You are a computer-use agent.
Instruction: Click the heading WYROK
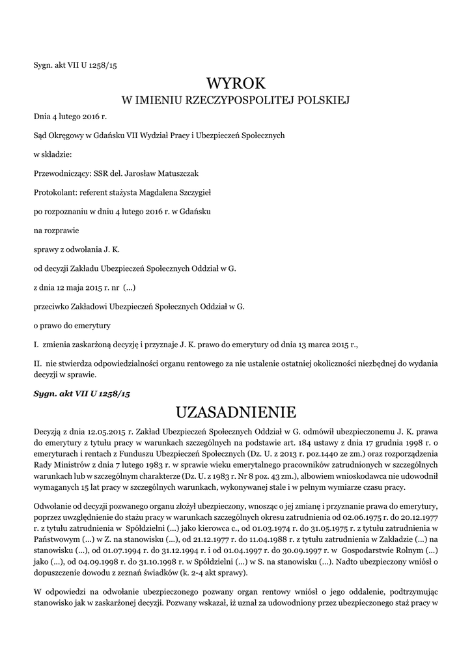pyautogui.click(x=236, y=83)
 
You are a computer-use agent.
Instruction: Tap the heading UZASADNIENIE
pyautogui.click(x=236, y=412)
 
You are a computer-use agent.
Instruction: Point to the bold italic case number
pyautogui.click(x=82, y=395)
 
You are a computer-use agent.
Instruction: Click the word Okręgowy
pyautogui.click(x=66, y=135)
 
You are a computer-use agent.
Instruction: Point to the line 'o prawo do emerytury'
pyautogui.click(x=72, y=325)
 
